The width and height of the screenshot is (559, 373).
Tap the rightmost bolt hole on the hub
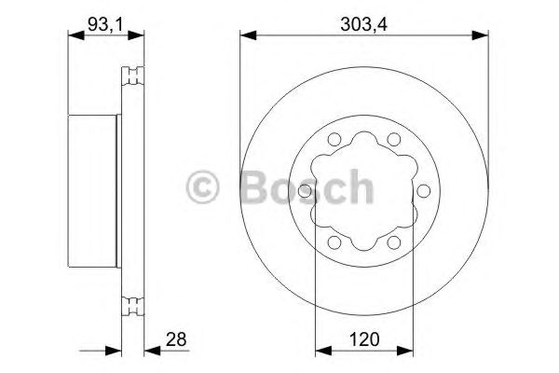pyautogui.click(x=425, y=191)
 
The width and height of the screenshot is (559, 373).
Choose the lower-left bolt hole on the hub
pyautogui.click(x=333, y=243)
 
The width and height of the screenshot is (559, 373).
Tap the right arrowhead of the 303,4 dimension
pyautogui.click(x=484, y=35)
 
